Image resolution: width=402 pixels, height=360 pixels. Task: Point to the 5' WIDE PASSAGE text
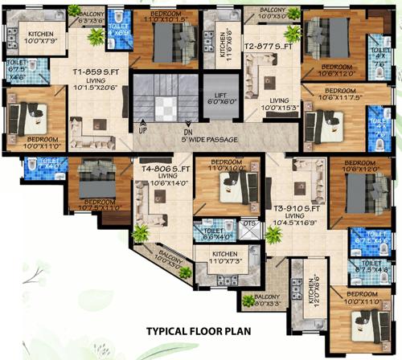pyautogui.click(x=211, y=138)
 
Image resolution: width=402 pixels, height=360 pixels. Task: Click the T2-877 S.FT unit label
pyautogui.click(x=267, y=47)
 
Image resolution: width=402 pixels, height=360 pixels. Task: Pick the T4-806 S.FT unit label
pyautogui.click(x=166, y=170)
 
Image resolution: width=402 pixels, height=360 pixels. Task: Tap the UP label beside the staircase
pyautogui.click(x=142, y=129)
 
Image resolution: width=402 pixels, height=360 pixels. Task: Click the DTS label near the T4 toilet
pyautogui.click(x=249, y=223)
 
